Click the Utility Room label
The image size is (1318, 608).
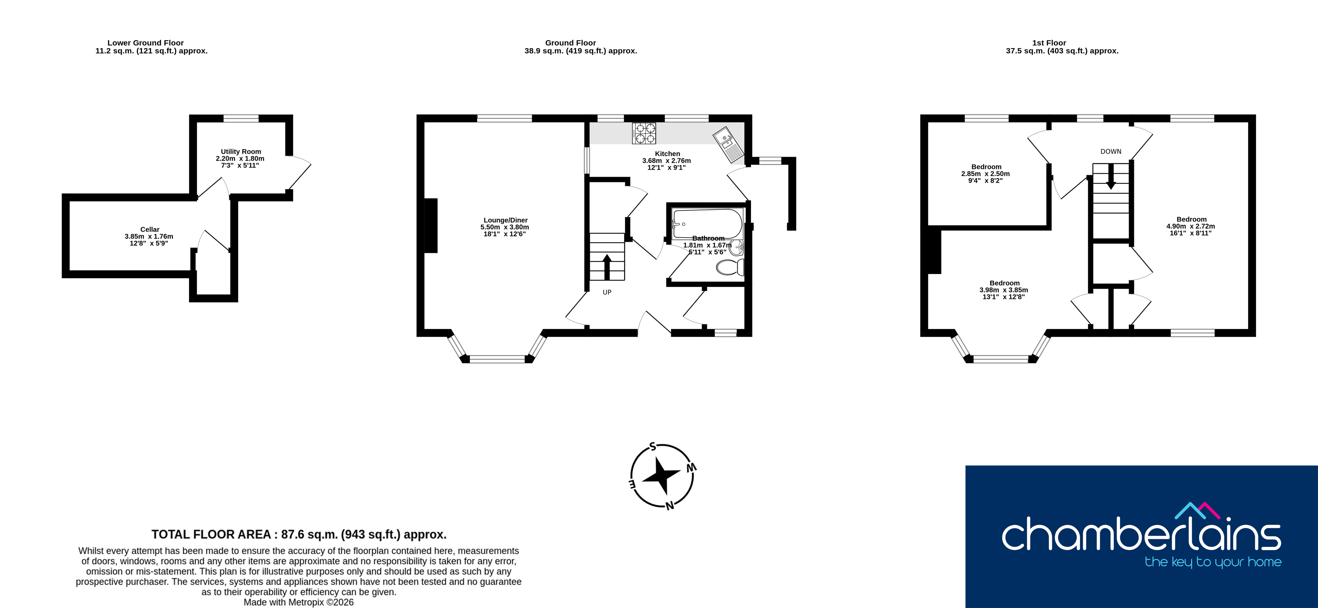pyautogui.click(x=241, y=152)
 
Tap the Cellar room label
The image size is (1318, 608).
pyautogui.click(x=150, y=229)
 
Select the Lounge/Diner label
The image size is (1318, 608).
pyautogui.click(x=505, y=220)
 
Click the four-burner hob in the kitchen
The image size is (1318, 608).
pyautogui.click(x=644, y=133)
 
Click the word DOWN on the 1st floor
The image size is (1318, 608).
pyautogui.click(x=1111, y=152)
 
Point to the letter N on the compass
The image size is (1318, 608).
pyautogui.click(x=669, y=506)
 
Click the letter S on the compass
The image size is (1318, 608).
pyautogui.click(x=653, y=446)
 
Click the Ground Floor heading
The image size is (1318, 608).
pyautogui.click(x=570, y=43)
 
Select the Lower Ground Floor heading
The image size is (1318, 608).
pyautogui.click(x=145, y=43)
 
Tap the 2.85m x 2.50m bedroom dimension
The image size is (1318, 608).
pyautogui.click(x=985, y=173)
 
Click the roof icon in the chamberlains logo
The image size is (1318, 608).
pyautogui.click(x=1197, y=510)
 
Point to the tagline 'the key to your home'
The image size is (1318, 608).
pyautogui.click(x=1213, y=562)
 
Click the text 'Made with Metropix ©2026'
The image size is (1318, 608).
pyautogui.click(x=299, y=602)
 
